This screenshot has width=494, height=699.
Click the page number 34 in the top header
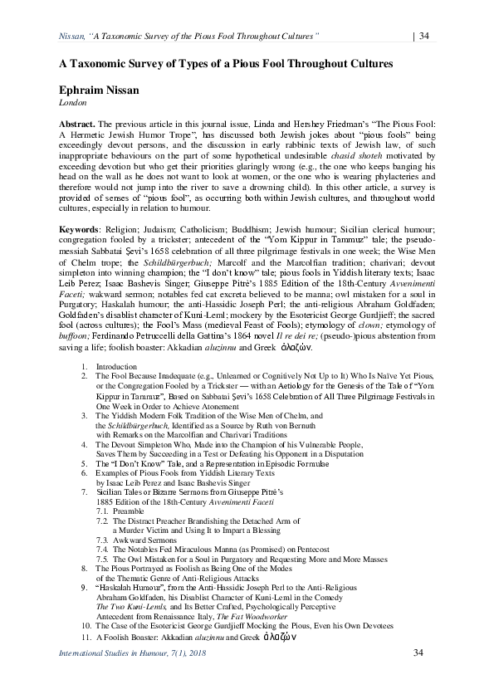pos(423,35)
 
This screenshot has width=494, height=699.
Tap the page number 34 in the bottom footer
pos(418,653)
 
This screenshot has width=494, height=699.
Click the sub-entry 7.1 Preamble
pos(121,510)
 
